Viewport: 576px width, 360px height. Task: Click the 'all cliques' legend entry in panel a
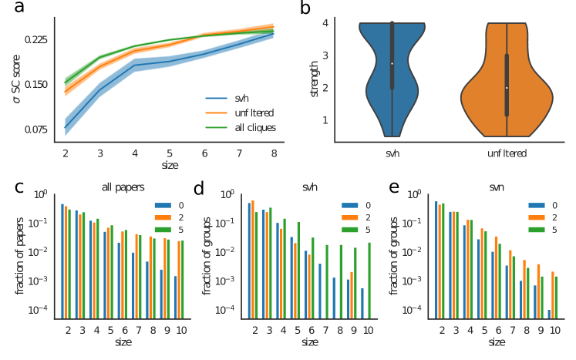[254, 126]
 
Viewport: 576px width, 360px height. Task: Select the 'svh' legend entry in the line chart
[241, 99]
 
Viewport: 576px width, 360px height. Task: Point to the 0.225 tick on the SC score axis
[35, 39]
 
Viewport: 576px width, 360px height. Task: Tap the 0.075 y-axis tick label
[35, 130]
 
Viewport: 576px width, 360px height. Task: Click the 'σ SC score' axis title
[17, 85]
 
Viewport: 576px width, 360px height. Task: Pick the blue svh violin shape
[392, 69]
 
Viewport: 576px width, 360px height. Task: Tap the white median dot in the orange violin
[507, 88]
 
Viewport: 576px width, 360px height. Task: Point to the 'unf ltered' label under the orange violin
[507, 153]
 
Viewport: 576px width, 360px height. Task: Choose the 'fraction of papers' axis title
[20, 255]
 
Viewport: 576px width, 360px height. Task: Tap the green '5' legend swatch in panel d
[349, 230]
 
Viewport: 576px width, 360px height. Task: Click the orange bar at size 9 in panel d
[351, 294]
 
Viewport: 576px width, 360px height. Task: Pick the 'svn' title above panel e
[497, 187]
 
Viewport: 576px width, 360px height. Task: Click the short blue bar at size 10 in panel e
[549, 314]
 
